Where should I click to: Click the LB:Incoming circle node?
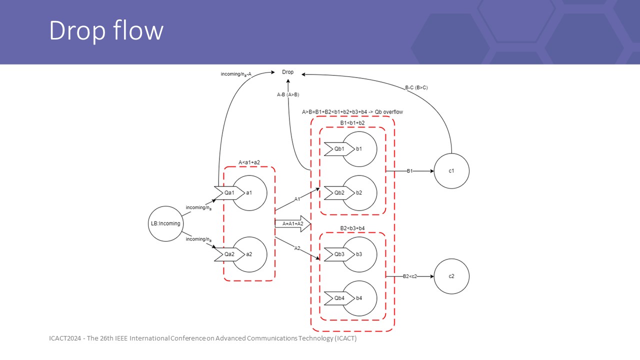tap(165, 223)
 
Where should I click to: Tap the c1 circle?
tap(451, 171)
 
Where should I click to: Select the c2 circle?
tap(451, 276)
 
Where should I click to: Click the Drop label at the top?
tap(288, 72)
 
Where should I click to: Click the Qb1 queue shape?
tap(339, 149)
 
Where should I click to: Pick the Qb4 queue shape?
tap(339, 298)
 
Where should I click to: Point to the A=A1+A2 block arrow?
tap(293, 223)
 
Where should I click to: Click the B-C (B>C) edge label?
tap(416, 87)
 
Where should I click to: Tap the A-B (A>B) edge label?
tap(288, 94)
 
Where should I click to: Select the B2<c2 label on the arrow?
tap(410, 276)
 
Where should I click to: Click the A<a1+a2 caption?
tap(249, 162)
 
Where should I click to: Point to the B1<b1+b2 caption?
tap(352, 122)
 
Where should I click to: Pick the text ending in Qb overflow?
tap(352, 111)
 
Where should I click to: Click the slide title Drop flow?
tap(106, 31)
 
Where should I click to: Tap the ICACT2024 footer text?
tap(202, 338)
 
